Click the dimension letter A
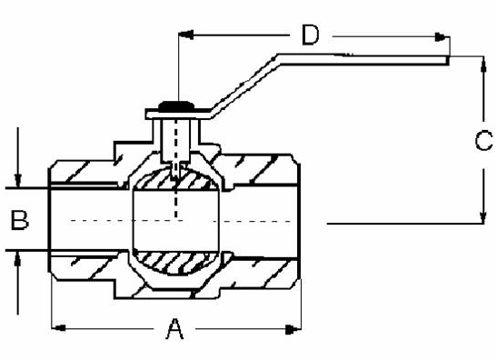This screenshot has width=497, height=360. [x=174, y=329]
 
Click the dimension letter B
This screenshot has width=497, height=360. [x=19, y=219]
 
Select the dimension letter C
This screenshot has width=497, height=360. [x=483, y=140]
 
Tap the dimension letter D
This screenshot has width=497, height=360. [x=311, y=35]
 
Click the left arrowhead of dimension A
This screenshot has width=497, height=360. [x=58, y=327]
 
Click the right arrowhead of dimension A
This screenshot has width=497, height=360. [x=293, y=329]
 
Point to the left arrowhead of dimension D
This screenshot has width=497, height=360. [x=186, y=35]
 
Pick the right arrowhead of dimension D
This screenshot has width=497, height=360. [x=442, y=36]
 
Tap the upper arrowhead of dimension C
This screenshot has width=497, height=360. [x=483, y=66]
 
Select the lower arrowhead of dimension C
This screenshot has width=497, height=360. [x=482, y=215]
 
